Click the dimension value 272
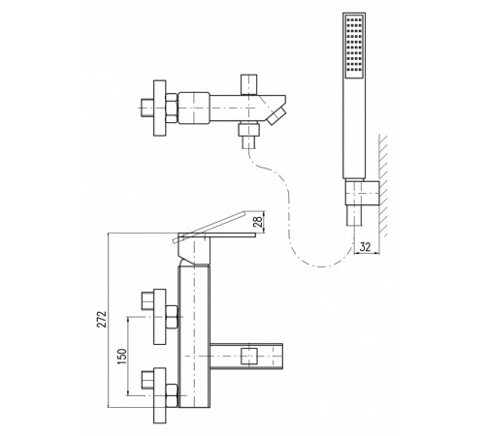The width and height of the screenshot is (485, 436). tap(102, 319)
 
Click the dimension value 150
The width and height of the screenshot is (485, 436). tap(122, 357)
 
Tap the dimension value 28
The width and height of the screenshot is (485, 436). tap(258, 222)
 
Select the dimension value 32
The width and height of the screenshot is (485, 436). tap(365, 247)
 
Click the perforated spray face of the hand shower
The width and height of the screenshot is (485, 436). tap(354, 47)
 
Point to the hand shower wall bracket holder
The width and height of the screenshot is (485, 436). tap(363, 193)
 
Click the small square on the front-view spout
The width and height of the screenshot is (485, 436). tap(249, 356)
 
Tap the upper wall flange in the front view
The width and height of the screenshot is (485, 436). tap(159, 317)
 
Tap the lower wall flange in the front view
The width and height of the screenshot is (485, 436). tap(159, 395)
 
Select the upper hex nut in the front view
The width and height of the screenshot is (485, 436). tap(172, 317)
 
